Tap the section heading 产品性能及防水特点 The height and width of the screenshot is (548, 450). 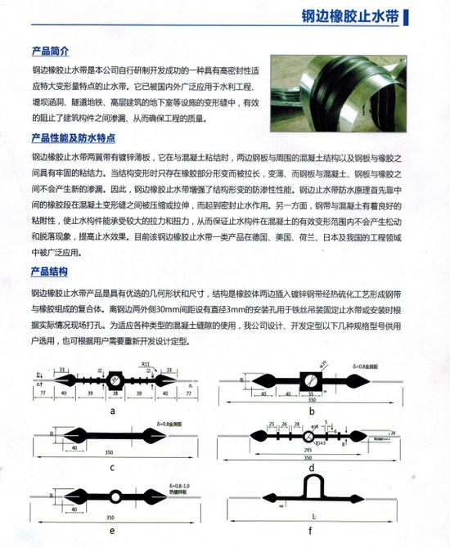[x=72, y=137]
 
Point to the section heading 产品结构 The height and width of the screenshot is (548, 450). [x=50, y=272]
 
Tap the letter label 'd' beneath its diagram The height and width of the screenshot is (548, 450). [x=313, y=468]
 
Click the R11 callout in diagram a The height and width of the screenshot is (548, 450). [x=145, y=361]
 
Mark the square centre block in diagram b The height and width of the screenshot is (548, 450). [x=313, y=380]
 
